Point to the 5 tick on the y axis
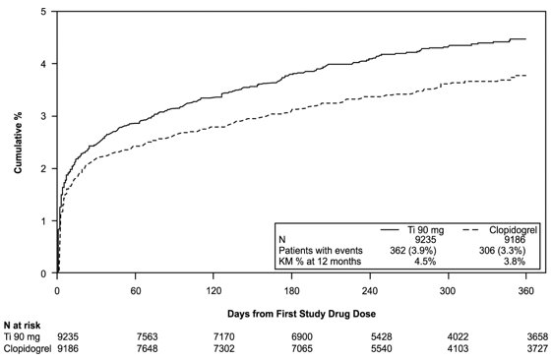tap(43, 12)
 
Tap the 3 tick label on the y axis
tap(43, 116)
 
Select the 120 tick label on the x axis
tap(214, 291)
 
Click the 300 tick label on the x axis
tap(448, 291)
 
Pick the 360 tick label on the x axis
tap(525, 291)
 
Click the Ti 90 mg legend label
tap(424, 228)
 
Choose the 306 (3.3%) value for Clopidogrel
tap(503, 250)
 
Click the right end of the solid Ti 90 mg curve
tap(525, 39)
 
